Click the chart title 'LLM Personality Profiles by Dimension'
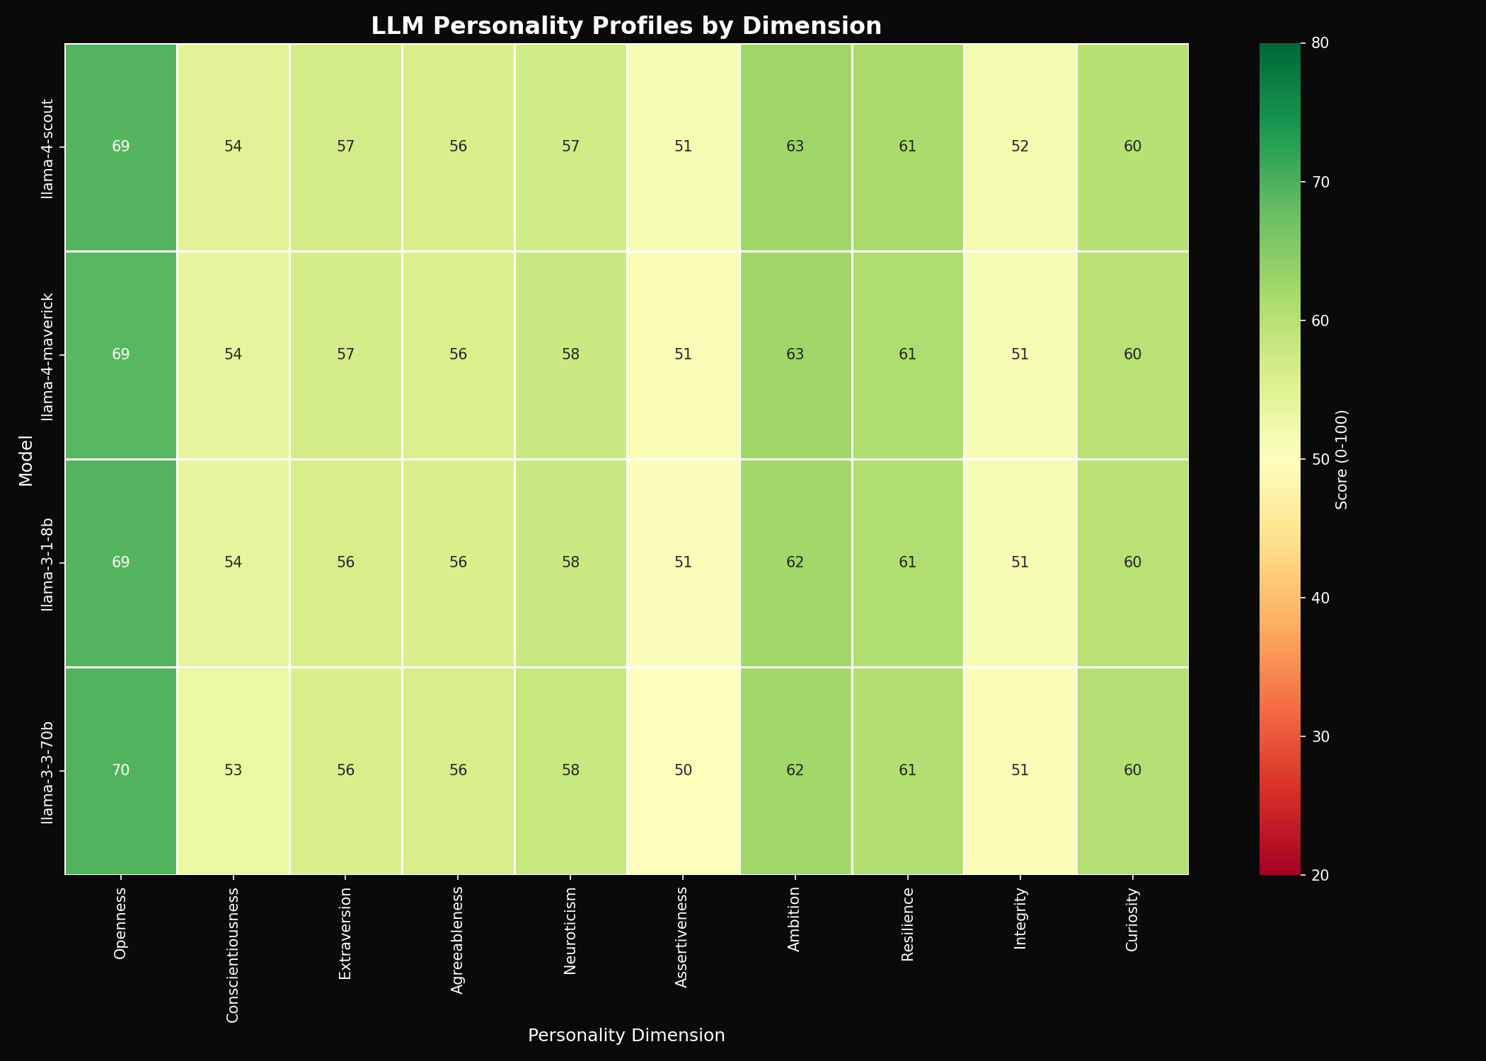(x=626, y=26)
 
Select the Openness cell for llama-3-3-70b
(x=121, y=771)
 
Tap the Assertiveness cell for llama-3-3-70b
(x=683, y=771)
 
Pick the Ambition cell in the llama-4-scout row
(x=795, y=147)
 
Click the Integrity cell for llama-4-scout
(x=1020, y=147)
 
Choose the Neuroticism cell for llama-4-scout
(x=570, y=147)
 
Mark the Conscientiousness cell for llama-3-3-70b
(x=234, y=771)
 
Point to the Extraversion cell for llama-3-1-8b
(x=345, y=563)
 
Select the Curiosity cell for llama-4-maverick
(x=1132, y=354)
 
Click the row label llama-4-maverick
(x=47, y=354)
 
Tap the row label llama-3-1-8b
(x=47, y=563)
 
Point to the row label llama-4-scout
(x=47, y=147)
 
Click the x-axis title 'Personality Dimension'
(x=626, y=1036)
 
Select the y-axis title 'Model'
(x=26, y=459)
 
